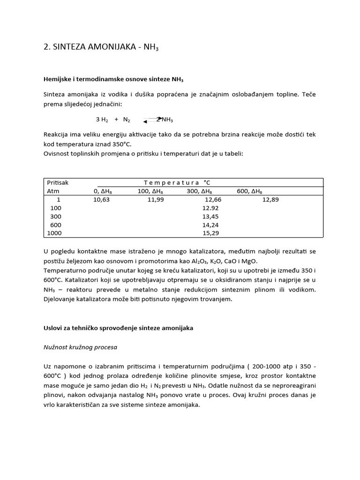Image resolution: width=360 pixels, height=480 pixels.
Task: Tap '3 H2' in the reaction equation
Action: (102, 120)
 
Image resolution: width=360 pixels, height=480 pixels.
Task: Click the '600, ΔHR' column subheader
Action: (250, 191)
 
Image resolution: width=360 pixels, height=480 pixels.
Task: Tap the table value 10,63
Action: (102, 200)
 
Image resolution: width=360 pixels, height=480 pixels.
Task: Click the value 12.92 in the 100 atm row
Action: (210, 208)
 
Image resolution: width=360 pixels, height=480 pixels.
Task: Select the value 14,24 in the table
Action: (210, 225)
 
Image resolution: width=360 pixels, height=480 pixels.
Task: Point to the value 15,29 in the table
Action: (210, 233)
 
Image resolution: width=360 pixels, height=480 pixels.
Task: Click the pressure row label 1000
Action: (54, 233)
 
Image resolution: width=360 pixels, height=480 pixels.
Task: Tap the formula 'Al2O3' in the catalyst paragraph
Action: (209, 261)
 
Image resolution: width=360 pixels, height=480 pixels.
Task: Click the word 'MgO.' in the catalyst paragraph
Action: (249, 261)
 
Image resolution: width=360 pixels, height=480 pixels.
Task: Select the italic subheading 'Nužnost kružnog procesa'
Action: (80, 347)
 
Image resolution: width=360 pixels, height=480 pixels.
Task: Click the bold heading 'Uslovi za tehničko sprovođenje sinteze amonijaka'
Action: (118, 329)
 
